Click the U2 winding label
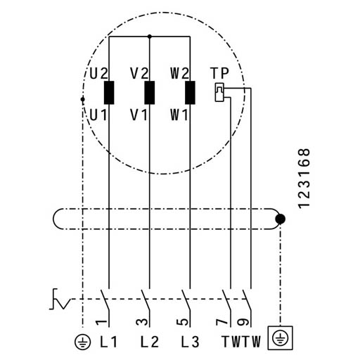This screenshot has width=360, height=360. pos(98,73)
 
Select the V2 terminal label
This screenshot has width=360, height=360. pos(139,73)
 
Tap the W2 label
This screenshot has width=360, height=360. pos(179,73)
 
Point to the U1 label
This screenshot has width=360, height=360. pos(98,115)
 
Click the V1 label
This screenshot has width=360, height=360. pos(139,115)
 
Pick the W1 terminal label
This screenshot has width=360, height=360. pos(179,115)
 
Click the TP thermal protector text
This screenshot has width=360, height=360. pos(219,73)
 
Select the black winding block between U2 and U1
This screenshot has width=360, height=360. pos(109,93)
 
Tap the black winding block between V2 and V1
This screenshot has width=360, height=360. pos(150,93)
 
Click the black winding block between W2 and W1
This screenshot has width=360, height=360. pos(190,93)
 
